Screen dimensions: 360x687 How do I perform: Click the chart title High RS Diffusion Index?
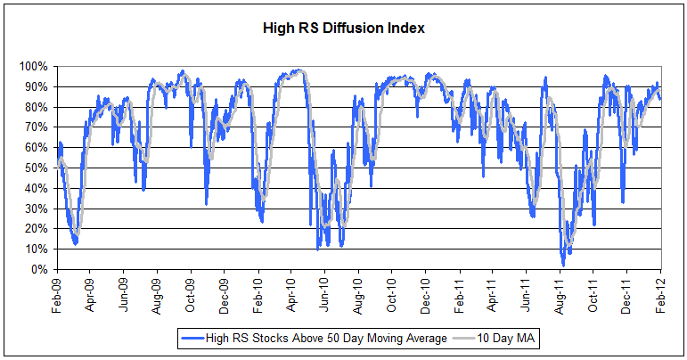point(343,28)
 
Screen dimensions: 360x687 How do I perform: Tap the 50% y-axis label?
point(37,168)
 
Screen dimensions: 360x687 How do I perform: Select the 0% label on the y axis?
point(41,269)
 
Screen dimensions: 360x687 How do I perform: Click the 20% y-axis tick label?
point(37,229)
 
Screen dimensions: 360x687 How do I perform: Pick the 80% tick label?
point(37,107)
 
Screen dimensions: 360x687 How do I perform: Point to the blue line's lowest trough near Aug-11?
point(562,265)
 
